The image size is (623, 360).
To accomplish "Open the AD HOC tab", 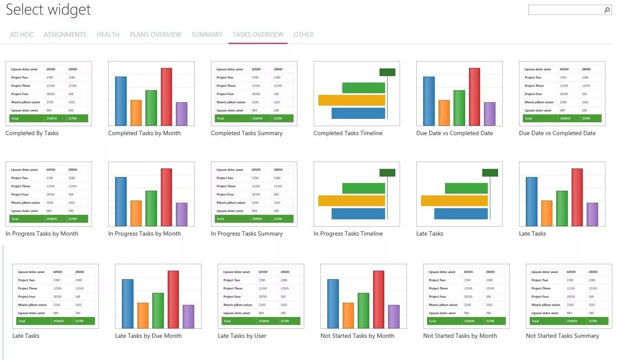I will coord(22,35).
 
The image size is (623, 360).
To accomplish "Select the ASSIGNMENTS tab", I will coord(65,35).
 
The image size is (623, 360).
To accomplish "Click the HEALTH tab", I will coord(108,35).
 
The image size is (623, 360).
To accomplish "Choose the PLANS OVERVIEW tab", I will coord(155,35).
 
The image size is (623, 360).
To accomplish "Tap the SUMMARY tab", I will coord(207,35).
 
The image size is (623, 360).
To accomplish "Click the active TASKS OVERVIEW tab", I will coord(258,35).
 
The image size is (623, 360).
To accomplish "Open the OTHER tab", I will coord(303,35).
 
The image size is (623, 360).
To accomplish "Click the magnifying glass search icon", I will coord(607,10).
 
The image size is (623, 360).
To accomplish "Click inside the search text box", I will coord(565,10).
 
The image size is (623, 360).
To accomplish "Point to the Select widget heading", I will coord(48,10).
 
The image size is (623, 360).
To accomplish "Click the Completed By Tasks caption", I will coord(32,133).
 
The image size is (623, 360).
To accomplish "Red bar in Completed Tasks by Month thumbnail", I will coord(166,96).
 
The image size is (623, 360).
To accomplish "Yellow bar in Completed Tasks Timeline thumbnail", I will coord(351,100).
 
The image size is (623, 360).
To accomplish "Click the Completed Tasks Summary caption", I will coord(246,133).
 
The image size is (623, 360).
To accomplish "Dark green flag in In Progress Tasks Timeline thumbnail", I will coord(387,173).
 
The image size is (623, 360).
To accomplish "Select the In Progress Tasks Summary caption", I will coord(246,234).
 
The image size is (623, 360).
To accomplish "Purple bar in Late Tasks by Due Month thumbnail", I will coord(188,316).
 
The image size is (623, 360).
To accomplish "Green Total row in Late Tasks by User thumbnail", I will coord(261,321).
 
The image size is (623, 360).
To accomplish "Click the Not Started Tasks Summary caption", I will coord(562,336).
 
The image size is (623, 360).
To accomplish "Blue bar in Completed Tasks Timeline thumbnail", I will coord(358,113).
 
